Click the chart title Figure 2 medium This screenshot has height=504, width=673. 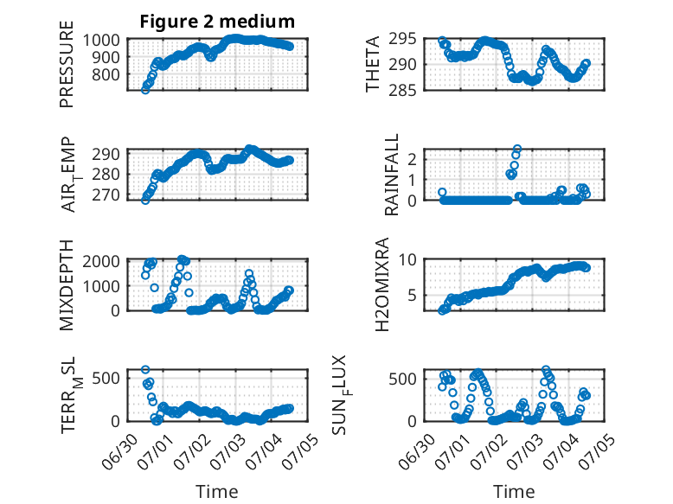(x=217, y=21)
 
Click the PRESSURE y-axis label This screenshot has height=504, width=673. (x=67, y=64)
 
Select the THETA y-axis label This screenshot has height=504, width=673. (x=373, y=64)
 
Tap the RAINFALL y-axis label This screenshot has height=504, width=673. (x=392, y=175)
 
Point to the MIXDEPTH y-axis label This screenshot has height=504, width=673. (x=67, y=285)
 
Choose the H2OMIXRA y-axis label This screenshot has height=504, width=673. (x=381, y=284)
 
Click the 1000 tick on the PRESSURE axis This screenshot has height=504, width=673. (x=101, y=41)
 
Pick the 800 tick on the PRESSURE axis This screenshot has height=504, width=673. (x=106, y=75)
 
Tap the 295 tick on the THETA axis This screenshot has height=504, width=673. (x=402, y=39)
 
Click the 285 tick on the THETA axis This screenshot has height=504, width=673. (x=402, y=90)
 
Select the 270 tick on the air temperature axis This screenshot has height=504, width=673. (x=106, y=195)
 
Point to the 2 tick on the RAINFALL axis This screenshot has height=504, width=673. (x=413, y=160)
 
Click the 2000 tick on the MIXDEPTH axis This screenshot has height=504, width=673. (x=101, y=261)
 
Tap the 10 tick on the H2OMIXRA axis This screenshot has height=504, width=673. (x=407, y=259)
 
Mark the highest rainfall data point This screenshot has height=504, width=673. (x=517, y=150)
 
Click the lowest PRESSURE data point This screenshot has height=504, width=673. (x=145, y=90)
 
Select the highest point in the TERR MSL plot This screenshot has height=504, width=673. (x=145, y=369)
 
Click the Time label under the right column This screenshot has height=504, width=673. (x=514, y=491)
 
